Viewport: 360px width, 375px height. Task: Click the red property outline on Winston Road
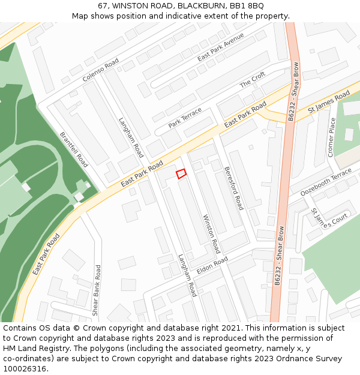[x=181, y=173]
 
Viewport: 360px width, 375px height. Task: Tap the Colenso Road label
[x=101, y=70]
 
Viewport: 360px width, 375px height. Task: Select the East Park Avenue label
[x=221, y=47]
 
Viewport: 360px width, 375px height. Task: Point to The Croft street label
[x=253, y=80]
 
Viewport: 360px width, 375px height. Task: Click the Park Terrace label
[x=185, y=118]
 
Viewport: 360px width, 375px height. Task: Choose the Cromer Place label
[x=332, y=137]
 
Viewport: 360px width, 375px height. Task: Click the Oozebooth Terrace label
[x=326, y=182]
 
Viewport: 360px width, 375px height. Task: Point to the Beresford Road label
[x=233, y=187]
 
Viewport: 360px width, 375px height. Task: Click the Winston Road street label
[x=212, y=233]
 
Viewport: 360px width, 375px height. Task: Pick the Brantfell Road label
[x=74, y=149]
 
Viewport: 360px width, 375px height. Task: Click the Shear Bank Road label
[x=97, y=291]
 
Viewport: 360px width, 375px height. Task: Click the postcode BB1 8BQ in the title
[x=247, y=6]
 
